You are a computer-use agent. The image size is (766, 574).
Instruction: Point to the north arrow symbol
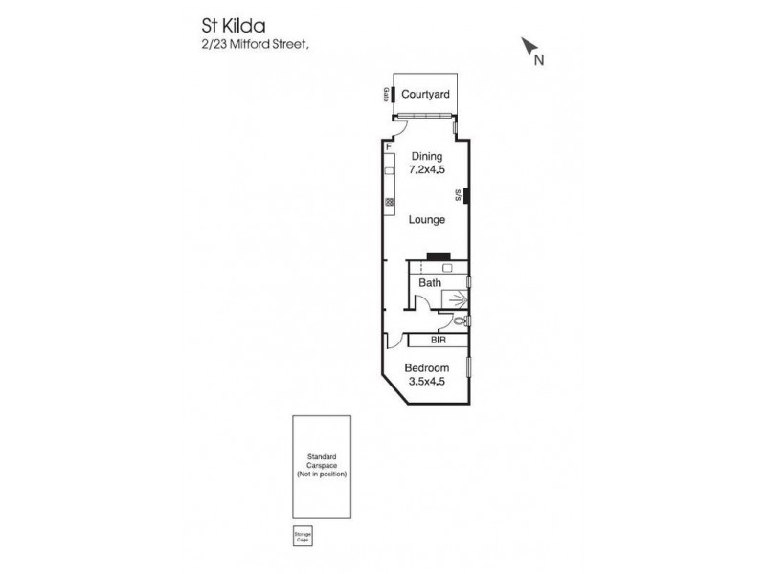point(528,46)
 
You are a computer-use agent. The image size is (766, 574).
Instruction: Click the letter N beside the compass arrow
point(539,60)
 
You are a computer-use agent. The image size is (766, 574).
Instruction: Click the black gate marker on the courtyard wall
point(393,94)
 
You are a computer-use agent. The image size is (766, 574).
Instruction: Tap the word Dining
point(426,156)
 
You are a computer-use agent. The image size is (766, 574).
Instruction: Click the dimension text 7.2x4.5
point(426,171)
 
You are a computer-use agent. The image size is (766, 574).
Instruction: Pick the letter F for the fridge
point(388,148)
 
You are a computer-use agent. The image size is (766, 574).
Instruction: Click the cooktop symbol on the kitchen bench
point(390,201)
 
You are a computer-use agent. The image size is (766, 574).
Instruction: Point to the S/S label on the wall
point(461,196)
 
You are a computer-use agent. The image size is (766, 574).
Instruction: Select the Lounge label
point(427,219)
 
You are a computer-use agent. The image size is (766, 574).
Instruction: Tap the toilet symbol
point(461,320)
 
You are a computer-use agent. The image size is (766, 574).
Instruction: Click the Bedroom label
point(426,367)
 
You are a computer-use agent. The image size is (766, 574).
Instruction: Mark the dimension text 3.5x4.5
point(426,383)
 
